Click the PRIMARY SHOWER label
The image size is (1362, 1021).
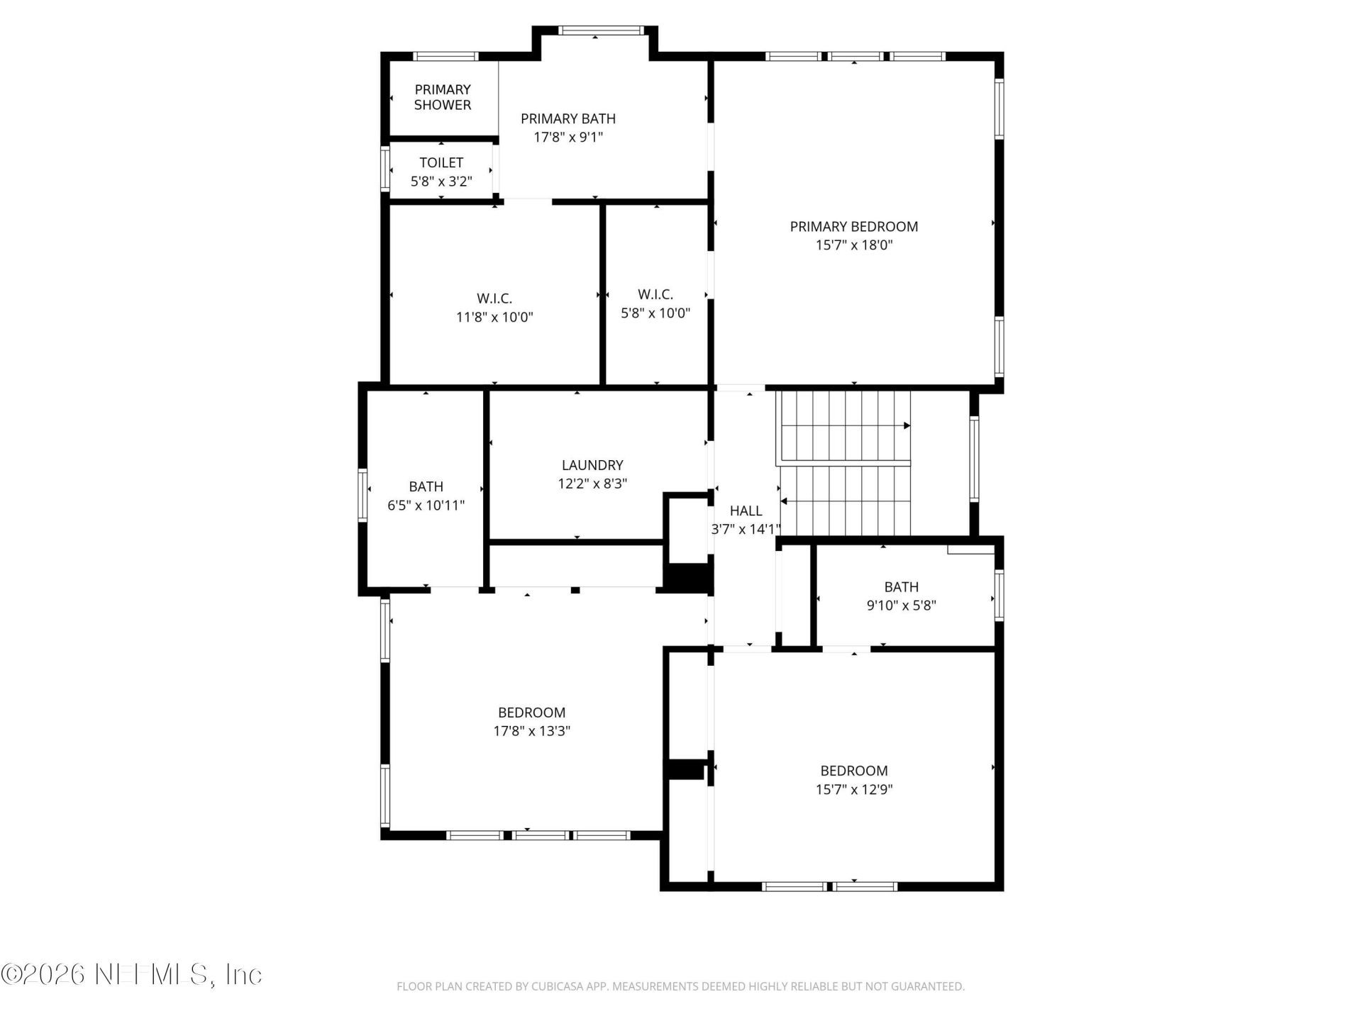[x=442, y=97]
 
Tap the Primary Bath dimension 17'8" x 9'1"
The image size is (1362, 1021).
[x=568, y=137]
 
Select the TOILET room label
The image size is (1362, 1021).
[x=441, y=163]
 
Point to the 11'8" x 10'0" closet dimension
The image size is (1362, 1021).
[x=494, y=317]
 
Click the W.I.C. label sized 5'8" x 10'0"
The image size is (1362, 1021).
[x=655, y=294]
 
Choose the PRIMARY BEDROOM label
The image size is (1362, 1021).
[x=854, y=227]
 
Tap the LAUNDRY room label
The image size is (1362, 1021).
[x=592, y=465]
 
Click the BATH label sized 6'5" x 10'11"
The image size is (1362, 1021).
[x=426, y=486]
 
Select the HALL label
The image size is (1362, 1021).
[x=746, y=510]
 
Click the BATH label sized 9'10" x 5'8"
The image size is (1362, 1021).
[x=901, y=587]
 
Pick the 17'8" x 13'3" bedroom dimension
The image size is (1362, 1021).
[x=531, y=731]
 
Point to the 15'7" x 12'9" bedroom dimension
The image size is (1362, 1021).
[x=854, y=789]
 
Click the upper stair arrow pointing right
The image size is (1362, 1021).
[x=907, y=426]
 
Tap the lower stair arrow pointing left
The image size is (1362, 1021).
[x=785, y=501]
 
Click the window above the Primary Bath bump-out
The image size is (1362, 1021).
[x=600, y=30]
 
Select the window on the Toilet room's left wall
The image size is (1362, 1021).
[x=385, y=169]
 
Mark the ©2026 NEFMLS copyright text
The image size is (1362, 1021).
[x=131, y=974]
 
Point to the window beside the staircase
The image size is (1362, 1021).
[x=974, y=459]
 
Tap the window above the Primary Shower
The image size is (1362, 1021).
[x=445, y=57]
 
